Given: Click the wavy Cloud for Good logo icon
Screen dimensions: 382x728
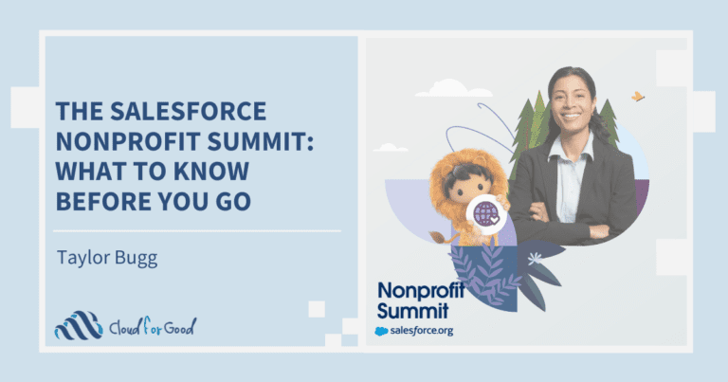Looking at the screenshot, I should [x=78, y=325].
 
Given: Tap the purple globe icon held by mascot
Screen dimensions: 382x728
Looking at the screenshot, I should [x=486, y=210].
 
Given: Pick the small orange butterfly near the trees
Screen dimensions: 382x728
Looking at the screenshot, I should [x=638, y=96].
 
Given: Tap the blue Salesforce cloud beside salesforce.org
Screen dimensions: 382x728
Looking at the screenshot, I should [x=382, y=330].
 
